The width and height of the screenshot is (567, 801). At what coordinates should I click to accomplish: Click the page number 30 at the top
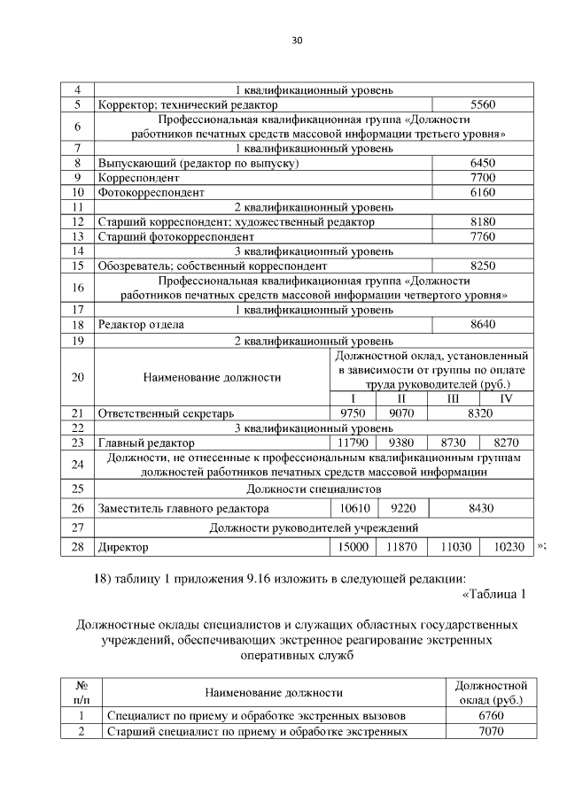(x=297, y=40)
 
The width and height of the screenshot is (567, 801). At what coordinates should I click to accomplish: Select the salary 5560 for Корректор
(x=482, y=104)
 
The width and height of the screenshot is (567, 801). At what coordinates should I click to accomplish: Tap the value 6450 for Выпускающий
(x=482, y=164)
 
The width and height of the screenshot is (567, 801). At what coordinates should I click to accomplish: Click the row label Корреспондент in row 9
(x=138, y=178)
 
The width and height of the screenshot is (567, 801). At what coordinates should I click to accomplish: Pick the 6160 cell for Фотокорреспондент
(x=482, y=192)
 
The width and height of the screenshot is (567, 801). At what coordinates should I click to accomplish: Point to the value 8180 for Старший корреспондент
(x=482, y=221)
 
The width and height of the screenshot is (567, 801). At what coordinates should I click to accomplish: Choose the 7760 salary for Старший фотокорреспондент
(x=482, y=236)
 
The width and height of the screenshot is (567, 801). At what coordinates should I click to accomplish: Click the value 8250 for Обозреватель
(x=482, y=265)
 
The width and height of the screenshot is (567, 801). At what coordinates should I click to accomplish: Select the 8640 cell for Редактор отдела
(x=482, y=324)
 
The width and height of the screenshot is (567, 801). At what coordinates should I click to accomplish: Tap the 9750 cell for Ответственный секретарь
(x=353, y=412)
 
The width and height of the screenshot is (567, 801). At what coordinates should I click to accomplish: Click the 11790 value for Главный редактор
(x=353, y=442)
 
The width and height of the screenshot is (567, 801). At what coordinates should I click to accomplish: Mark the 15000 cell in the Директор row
(x=353, y=547)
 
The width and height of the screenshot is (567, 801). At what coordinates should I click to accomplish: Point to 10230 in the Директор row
(x=509, y=547)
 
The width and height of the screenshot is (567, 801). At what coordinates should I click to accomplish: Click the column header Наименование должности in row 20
(x=212, y=376)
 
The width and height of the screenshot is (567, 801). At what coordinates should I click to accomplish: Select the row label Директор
(x=124, y=548)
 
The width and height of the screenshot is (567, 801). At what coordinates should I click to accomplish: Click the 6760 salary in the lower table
(x=490, y=715)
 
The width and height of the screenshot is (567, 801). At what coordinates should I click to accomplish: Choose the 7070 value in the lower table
(x=490, y=732)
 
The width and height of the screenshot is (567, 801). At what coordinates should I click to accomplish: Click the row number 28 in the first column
(x=77, y=547)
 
